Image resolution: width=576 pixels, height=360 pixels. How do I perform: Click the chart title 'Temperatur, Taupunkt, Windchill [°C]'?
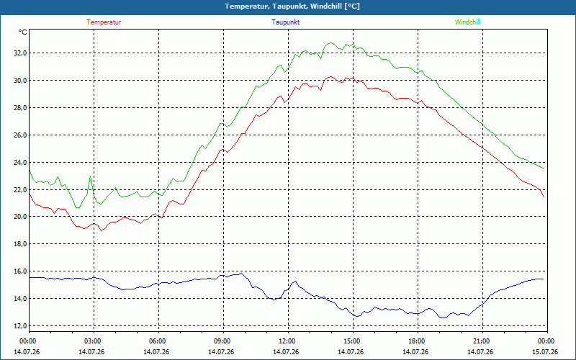[x=292, y=6]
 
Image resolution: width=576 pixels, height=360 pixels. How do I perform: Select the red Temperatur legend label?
[x=104, y=22]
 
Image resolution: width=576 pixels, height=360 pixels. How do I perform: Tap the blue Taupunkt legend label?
[x=285, y=22]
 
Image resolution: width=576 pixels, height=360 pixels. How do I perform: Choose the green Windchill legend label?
[x=467, y=22]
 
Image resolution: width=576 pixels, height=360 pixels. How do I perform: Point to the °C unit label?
[x=23, y=32]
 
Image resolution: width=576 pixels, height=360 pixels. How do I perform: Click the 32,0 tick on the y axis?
[x=21, y=53]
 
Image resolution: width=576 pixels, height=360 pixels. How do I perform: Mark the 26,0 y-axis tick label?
[x=21, y=135]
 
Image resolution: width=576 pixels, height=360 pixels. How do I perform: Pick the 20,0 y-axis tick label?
[x=21, y=217]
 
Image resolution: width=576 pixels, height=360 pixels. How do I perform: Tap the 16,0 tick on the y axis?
[x=21, y=271]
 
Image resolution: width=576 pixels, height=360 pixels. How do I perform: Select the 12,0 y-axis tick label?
[x=21, y=326]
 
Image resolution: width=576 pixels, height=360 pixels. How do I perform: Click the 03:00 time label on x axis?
[x=94, y=341]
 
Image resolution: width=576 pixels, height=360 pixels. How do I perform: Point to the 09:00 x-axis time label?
[x=223, y=341]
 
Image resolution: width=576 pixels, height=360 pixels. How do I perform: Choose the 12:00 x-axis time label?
[x=288, y=341]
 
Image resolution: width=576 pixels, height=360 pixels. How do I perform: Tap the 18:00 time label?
[x=418, y=341]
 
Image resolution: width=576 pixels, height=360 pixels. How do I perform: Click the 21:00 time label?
[x=482, y=341]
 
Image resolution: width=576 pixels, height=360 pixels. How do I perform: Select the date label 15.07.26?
[x=545, y=352]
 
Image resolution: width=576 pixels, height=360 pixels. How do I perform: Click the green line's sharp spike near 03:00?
[x=91, y=176]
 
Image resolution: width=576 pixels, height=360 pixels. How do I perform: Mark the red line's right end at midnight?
[x=544, y=197]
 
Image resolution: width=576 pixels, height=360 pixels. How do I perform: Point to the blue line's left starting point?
[x=30, y=278]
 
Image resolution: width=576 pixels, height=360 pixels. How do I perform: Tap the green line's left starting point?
[x=30, y=170]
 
